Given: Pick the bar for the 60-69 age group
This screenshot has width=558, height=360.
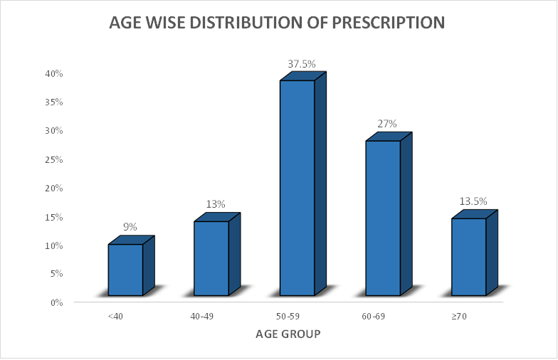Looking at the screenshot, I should coord(383,217).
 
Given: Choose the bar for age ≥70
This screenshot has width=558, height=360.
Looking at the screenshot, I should coord(469,256).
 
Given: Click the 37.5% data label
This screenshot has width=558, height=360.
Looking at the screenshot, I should coord(301,64).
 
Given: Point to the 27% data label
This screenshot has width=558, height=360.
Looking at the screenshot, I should coord(386,124).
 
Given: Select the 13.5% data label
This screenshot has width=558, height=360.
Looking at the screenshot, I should coord(473,201).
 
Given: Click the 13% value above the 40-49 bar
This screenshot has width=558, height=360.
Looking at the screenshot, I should coord(216,204).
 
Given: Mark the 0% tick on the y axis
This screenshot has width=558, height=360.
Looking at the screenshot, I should coord(56,302).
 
